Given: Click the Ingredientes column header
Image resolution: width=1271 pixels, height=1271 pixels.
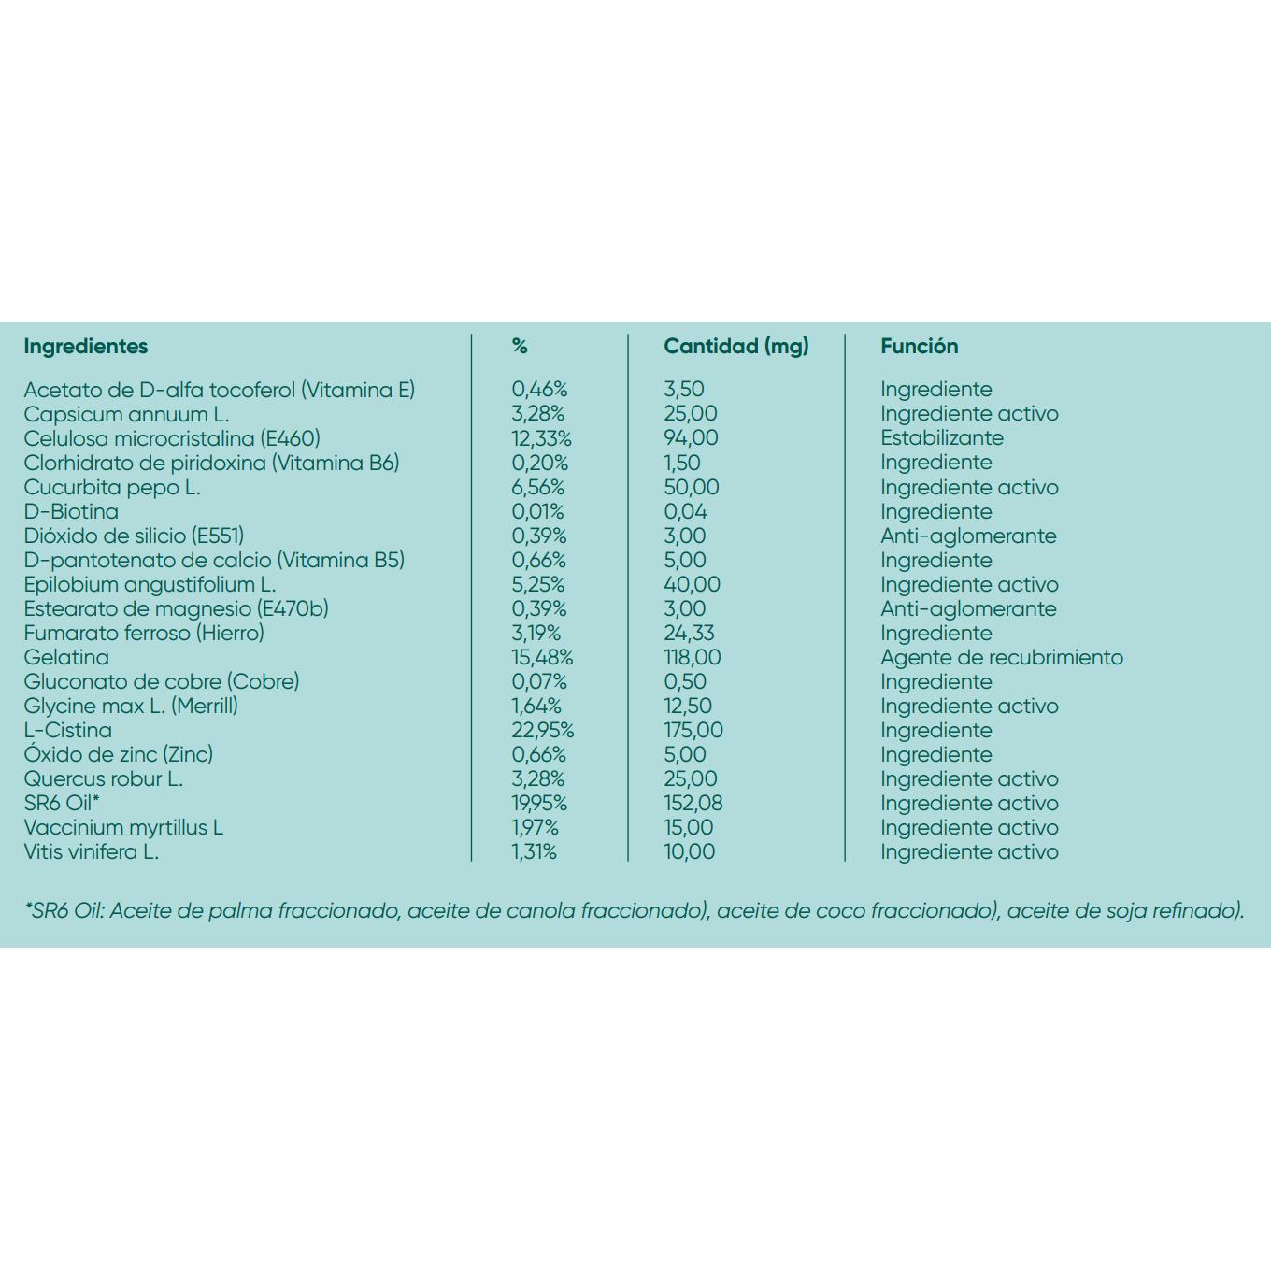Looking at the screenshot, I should click(x=86, y=346).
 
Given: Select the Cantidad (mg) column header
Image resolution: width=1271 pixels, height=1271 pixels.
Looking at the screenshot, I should click(x=736, y=346).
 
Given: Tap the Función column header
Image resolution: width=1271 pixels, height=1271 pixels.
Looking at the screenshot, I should click(x=919, y=346).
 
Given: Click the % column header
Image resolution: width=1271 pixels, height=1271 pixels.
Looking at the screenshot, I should click(x=520, y=346).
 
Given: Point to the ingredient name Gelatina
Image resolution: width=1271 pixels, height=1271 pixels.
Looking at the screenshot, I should click(x=66, y=657).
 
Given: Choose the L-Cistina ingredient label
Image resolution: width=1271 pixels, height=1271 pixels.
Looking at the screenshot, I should click(x=68, y=730).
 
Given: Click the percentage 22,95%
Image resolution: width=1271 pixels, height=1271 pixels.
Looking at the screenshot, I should click(x=542, y=730).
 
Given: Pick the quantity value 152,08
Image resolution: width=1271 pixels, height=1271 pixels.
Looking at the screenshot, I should click(x=693, y=803).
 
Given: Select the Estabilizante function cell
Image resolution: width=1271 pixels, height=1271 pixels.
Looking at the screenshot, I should click(x=941, y=437).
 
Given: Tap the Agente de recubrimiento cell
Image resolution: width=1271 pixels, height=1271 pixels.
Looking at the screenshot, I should click(x=1001, y=657).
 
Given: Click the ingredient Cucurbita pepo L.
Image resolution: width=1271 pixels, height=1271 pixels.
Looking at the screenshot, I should click(x=112, y=487).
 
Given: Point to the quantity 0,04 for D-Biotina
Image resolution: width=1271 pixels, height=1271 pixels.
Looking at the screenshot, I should click(x=685, y=511).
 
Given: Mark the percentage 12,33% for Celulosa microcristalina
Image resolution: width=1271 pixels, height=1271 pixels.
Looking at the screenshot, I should click(x=541, y=437).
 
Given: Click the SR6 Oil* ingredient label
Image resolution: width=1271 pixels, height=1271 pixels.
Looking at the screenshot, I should click(x=62, y=803).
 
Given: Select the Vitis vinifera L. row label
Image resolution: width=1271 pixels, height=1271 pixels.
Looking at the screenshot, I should click(x=92, y=851).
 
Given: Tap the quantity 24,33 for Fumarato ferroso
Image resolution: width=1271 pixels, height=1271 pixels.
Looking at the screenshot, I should click(x=689, y=633).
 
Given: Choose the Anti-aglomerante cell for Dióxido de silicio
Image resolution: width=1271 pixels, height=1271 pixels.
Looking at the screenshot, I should click(x=968, y=536).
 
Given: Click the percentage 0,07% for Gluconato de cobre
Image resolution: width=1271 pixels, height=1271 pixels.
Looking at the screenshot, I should click(x=539, y=681).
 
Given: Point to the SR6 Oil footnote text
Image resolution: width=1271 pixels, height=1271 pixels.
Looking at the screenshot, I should click(x=635, y=910).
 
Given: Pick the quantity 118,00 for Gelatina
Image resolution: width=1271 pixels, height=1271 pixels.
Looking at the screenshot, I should click(x=693, y=657).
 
